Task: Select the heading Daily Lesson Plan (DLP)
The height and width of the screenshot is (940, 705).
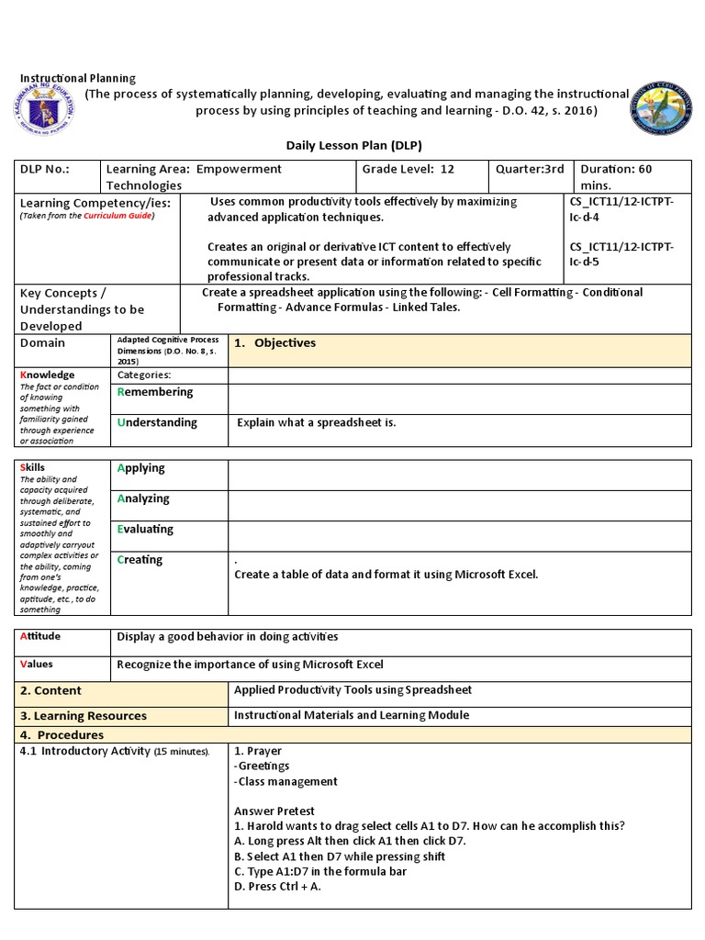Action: (352, 146)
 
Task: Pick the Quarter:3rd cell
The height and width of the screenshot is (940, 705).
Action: (530, 170)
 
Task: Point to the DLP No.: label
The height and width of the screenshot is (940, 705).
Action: (45, 170)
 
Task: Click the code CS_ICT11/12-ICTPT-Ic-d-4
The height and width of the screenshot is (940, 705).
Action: (621, 209)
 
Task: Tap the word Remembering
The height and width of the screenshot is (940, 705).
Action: (155, 392)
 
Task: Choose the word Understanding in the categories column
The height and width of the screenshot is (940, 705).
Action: (157, 422)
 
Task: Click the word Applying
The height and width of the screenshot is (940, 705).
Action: (141, 468)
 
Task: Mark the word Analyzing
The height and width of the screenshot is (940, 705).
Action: (143, 498)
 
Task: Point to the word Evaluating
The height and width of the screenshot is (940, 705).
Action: (145, 530)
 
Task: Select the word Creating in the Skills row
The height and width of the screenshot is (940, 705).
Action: (140, 560)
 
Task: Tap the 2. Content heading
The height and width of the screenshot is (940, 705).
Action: (51, 690)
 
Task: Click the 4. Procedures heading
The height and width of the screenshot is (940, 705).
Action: (62, 735)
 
